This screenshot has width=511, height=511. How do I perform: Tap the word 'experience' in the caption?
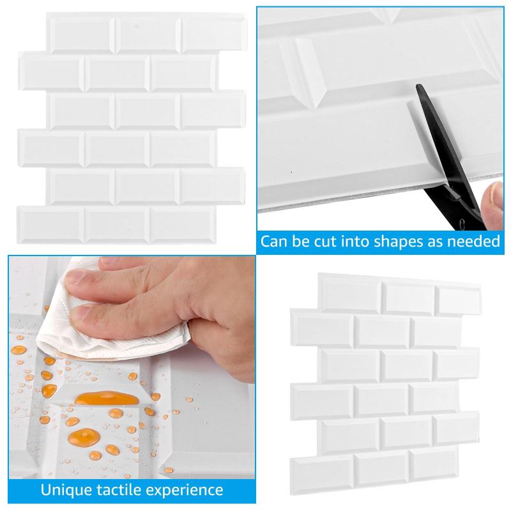(x=185, y=491)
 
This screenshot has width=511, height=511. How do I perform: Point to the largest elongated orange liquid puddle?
(x=106, y=398)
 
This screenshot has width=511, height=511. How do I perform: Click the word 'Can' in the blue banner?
(x=273, y=241)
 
